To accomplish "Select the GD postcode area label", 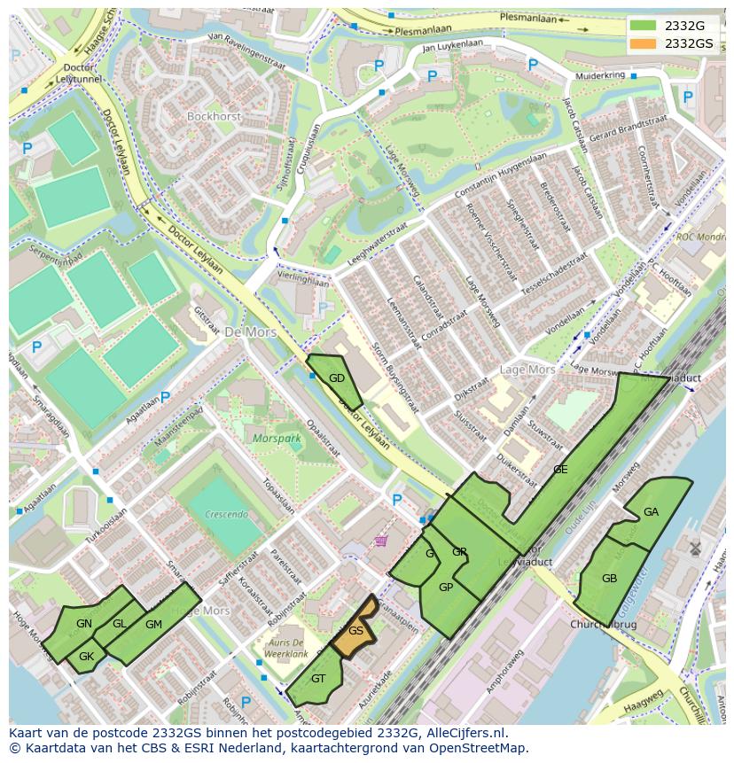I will (x=337, y=378).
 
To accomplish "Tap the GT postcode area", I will (x=318, y=679).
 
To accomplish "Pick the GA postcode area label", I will (x=651, y=512).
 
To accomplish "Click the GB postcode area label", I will (x=609, y=579).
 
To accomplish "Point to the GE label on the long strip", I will (x=560, y=470).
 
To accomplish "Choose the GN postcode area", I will (x=84, y=624).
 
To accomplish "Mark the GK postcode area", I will (x=86, y=657).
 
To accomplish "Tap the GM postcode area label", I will (x=153, y=625).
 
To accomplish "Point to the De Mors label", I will (x=250, y=332).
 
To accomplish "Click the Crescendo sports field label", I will (x=225, y=514).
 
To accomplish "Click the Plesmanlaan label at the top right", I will (x=529, y=17).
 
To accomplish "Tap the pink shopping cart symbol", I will (x=381, y=541).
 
